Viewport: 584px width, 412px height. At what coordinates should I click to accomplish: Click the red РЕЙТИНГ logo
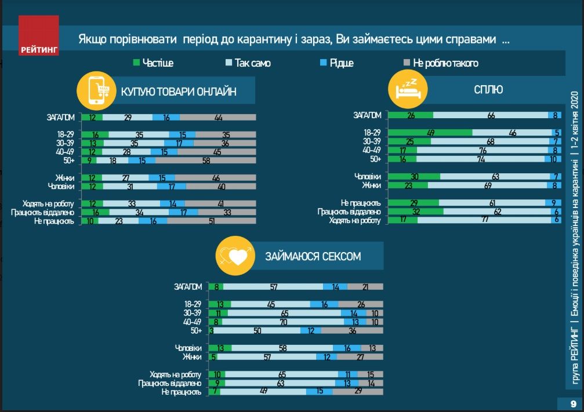(x=39, y=37)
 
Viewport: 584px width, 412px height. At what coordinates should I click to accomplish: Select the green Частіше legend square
(x=136, y=63)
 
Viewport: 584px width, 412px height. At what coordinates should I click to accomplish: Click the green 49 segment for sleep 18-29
(x=430, y=133)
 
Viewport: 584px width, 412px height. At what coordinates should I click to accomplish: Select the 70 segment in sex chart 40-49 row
(x=282, y=322)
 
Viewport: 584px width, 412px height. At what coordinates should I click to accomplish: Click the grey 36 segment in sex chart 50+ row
(x=352, y=330)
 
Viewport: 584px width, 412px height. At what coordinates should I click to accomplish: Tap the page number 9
(x=572, y=403)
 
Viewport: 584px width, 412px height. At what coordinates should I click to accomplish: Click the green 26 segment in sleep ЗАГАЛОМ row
(x=411, y=115)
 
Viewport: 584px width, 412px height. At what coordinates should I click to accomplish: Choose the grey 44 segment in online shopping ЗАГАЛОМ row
(x=219, y=117)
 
